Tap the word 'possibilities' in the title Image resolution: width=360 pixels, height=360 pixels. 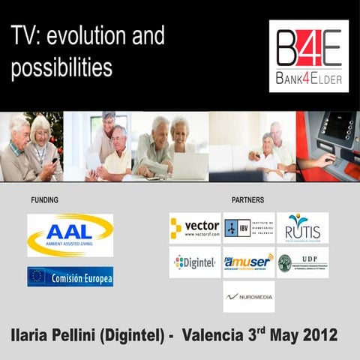point(61,67)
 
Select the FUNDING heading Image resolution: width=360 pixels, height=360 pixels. point(44,200)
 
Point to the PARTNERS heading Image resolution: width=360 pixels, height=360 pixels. point(247,200)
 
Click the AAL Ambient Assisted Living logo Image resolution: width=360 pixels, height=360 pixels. point(70,235)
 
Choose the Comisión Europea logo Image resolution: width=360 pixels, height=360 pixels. point(70,277)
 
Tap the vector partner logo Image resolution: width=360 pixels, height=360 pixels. point(195,228)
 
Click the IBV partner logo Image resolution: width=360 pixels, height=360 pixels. point(248,228)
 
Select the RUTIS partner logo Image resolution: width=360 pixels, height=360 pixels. point(302,228)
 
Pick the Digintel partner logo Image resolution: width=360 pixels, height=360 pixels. point(195,262)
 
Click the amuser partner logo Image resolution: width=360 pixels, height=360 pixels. point(248,262)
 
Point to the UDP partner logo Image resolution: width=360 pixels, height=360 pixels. point(302,262)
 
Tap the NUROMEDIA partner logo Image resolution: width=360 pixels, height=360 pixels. point(248,297)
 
